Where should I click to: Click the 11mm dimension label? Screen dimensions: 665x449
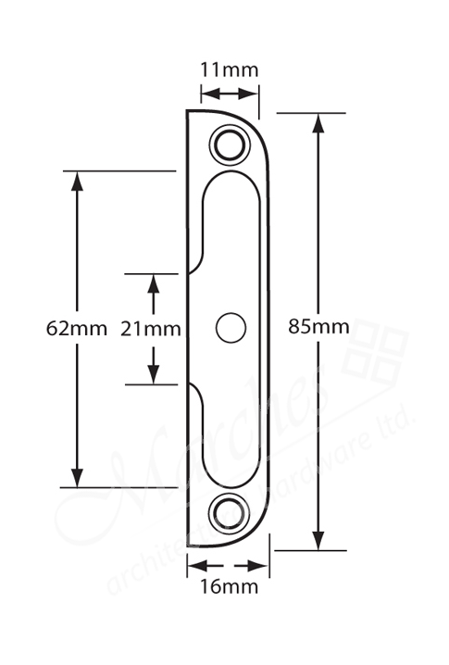230,69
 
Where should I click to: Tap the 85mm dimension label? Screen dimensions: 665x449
318,326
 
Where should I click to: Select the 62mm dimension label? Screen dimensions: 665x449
77,328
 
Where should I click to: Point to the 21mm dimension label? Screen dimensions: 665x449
151,328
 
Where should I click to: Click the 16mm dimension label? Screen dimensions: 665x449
228,586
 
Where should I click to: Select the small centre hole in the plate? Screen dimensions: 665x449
229,327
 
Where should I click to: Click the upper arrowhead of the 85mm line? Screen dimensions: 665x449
318,123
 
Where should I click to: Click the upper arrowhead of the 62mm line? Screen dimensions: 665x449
78,182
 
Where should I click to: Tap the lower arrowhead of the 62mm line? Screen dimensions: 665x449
78,475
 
